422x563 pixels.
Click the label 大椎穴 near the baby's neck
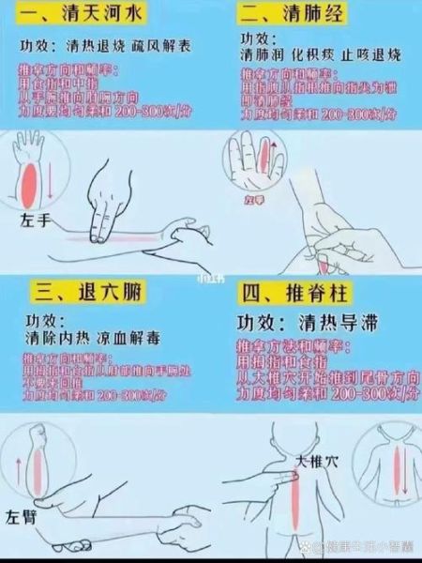(315, 462)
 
